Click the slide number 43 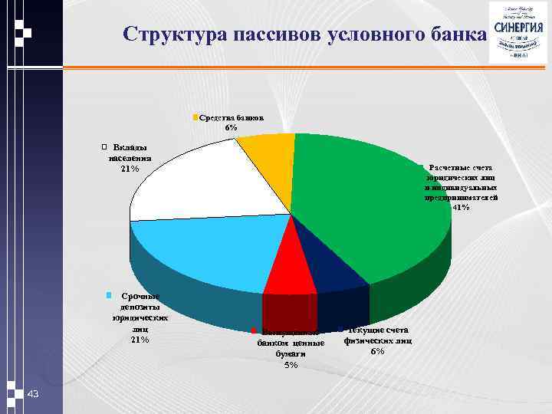(x=32, y=394)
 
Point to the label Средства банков (x=232, y=118)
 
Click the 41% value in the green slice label (x=461, y=207)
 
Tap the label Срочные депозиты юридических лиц (x=140, y=317)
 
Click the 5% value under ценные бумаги (x=291, y=365)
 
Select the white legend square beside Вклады (x=104, y=146)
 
